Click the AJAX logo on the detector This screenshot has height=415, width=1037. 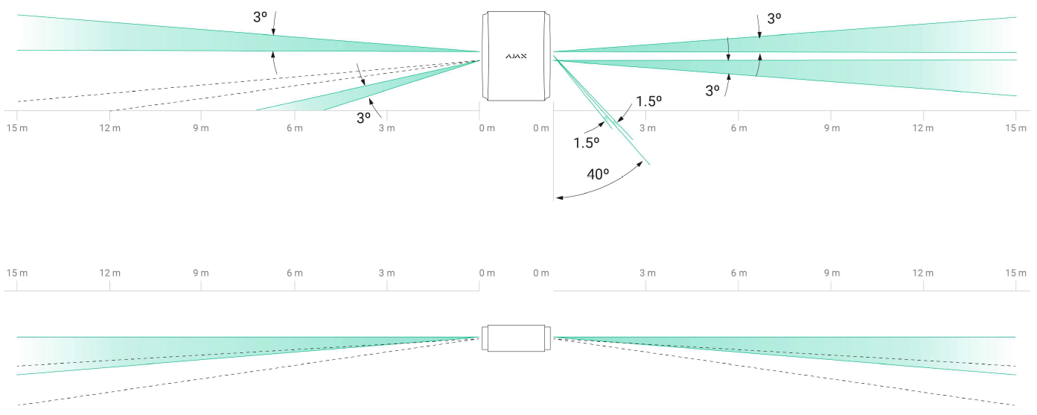[x=516, y=56]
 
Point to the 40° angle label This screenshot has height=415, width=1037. [x=598, y=174]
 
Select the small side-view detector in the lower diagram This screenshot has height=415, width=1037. [x=516, y=338]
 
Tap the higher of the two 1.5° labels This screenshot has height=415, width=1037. [x=648, y=101]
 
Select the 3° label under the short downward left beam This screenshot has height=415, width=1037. [x=363, y=118]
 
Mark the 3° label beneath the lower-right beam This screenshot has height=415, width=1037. [x=712, y=90]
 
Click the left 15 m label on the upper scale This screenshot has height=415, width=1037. [x=17, y=129]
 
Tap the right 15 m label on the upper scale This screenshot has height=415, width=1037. [x=1016, y=129]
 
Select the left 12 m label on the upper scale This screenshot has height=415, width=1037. [x=109, y=129]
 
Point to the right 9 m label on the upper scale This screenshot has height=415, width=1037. [x=831, y=129]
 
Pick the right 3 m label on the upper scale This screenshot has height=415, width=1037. [x=647, y=129]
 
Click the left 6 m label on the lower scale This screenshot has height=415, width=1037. [x=295, y=273]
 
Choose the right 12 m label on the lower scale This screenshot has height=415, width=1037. [x=923, y=273]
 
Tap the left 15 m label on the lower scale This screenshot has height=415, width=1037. [x=17, y=273]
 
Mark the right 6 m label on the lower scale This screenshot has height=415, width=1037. [x=738, y=273]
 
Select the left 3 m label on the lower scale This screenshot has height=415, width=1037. [x=386, y=273]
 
